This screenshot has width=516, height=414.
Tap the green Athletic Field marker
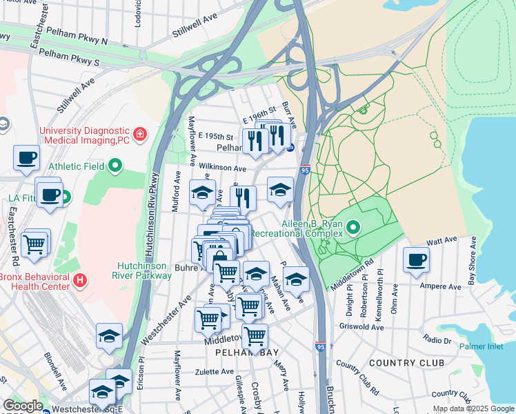115,166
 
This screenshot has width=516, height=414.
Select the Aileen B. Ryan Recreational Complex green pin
354,226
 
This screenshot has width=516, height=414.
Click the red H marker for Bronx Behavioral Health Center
80,281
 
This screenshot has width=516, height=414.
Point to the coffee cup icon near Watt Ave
417,260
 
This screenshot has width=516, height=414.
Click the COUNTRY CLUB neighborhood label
402,363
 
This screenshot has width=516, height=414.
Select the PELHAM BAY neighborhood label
241,353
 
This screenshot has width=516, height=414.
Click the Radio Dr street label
437,339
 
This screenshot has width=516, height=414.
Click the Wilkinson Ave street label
222,168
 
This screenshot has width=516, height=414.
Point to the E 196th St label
259,111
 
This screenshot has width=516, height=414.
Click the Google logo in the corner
23,406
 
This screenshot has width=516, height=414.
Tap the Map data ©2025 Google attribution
473,408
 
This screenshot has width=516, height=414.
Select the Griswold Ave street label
364,328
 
